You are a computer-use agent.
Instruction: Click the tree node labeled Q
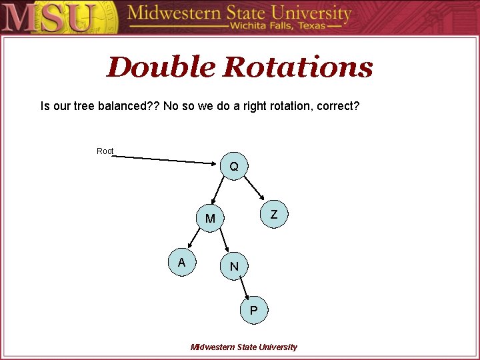pos(234,166)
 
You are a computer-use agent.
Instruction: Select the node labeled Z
pos(273,215)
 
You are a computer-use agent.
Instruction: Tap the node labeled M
pos(210,219)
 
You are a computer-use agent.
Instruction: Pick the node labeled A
pos(181,263)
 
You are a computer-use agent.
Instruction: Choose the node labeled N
pos(234,267)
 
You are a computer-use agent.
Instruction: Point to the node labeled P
pos(253,311)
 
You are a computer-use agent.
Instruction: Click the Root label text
pos(105,151)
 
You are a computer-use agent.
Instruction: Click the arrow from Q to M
pos(218,191)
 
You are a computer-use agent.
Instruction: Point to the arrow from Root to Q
pos(167,159)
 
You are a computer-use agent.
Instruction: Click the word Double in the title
pos(160,67)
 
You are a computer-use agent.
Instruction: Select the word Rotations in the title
pos(298,67)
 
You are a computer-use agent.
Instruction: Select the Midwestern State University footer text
pos(244,347)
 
